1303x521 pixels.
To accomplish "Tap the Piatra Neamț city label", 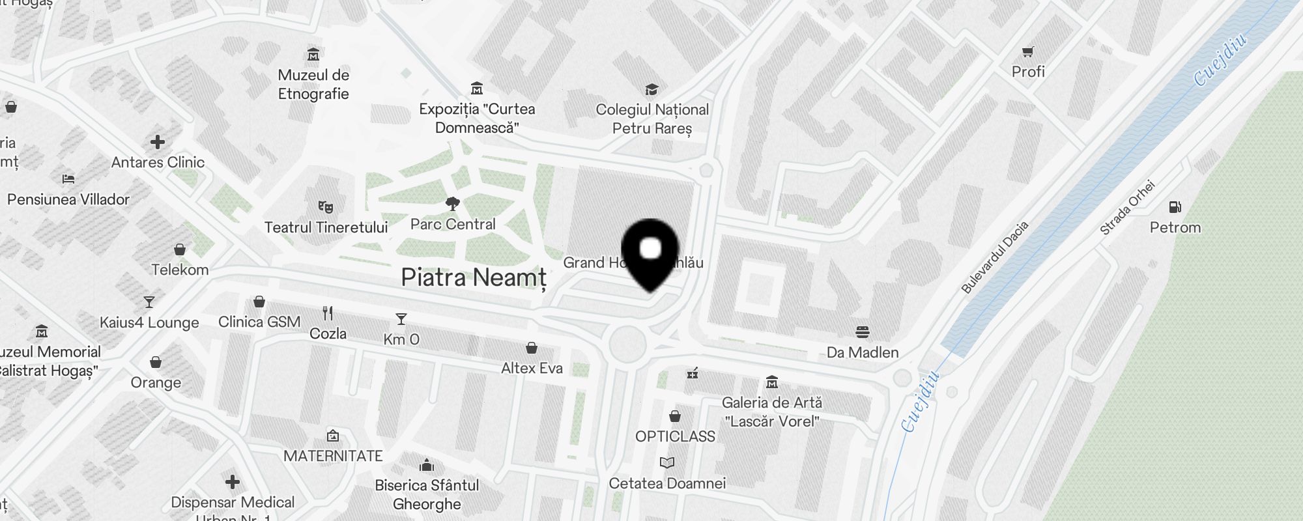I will [474, 278].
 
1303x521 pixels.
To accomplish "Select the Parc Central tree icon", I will [453, 204].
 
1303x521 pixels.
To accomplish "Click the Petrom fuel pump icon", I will [1175, 207].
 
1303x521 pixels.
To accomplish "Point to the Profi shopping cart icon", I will [1028, 51].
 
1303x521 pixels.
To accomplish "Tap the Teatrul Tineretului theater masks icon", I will [326, 207].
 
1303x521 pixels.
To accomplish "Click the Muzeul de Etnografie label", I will [313, 85].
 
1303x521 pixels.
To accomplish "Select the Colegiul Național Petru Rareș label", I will [652, 119].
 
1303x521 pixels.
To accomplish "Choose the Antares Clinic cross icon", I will [158, 142].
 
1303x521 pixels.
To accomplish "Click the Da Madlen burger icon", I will [863, 332].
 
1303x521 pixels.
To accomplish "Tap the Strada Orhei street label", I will [1127, 208].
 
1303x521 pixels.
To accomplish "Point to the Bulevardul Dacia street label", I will [995, 257].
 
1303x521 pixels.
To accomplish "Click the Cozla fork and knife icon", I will [328, 313].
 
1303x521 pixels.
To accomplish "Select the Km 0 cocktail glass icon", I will [401, 319].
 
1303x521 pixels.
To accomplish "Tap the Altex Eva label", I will [532, 368].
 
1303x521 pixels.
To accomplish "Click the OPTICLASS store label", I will [675, 436].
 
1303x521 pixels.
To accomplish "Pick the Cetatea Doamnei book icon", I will [667, 463].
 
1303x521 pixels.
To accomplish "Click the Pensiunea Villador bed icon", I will [68, 178].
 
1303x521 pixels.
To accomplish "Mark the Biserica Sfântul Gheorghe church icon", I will [427, 465].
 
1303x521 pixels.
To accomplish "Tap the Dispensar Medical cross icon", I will [233, 482].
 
